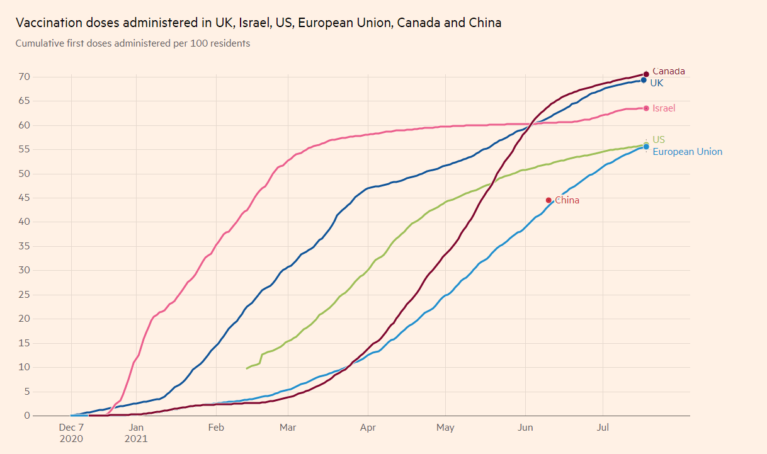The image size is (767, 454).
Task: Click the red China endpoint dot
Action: (548, 200)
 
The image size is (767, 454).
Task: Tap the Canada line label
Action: (668, 71)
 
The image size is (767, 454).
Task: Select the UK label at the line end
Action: (656, 82)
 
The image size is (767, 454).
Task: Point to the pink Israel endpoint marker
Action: (646, 108)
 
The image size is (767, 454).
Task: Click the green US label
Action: (659, 139)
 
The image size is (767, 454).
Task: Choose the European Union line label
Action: (687, 152)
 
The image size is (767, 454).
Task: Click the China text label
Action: (567, 200)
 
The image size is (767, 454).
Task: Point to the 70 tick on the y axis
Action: (25, 77)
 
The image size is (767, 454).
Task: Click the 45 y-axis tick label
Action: (25, 198)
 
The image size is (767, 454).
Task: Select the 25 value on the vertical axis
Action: (25, 295)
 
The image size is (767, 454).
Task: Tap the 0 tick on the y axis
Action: (27, 416)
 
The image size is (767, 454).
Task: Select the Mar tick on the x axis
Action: (288, 428)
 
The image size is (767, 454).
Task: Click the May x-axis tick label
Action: (445, 428)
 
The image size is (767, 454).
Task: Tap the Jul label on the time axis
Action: (603, 428)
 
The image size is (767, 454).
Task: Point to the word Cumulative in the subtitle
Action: (40, 43)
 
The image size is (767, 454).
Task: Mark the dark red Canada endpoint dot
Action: (646, 74)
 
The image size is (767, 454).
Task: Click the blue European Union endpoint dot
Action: (646, 147)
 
